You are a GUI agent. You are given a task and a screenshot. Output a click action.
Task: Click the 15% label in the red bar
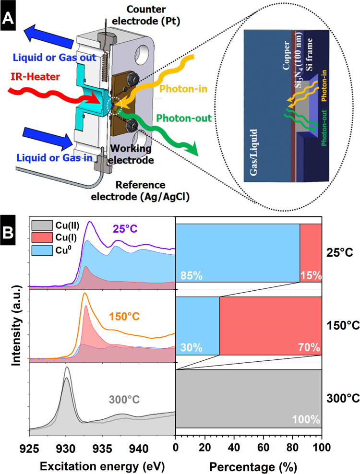coord(310,276)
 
